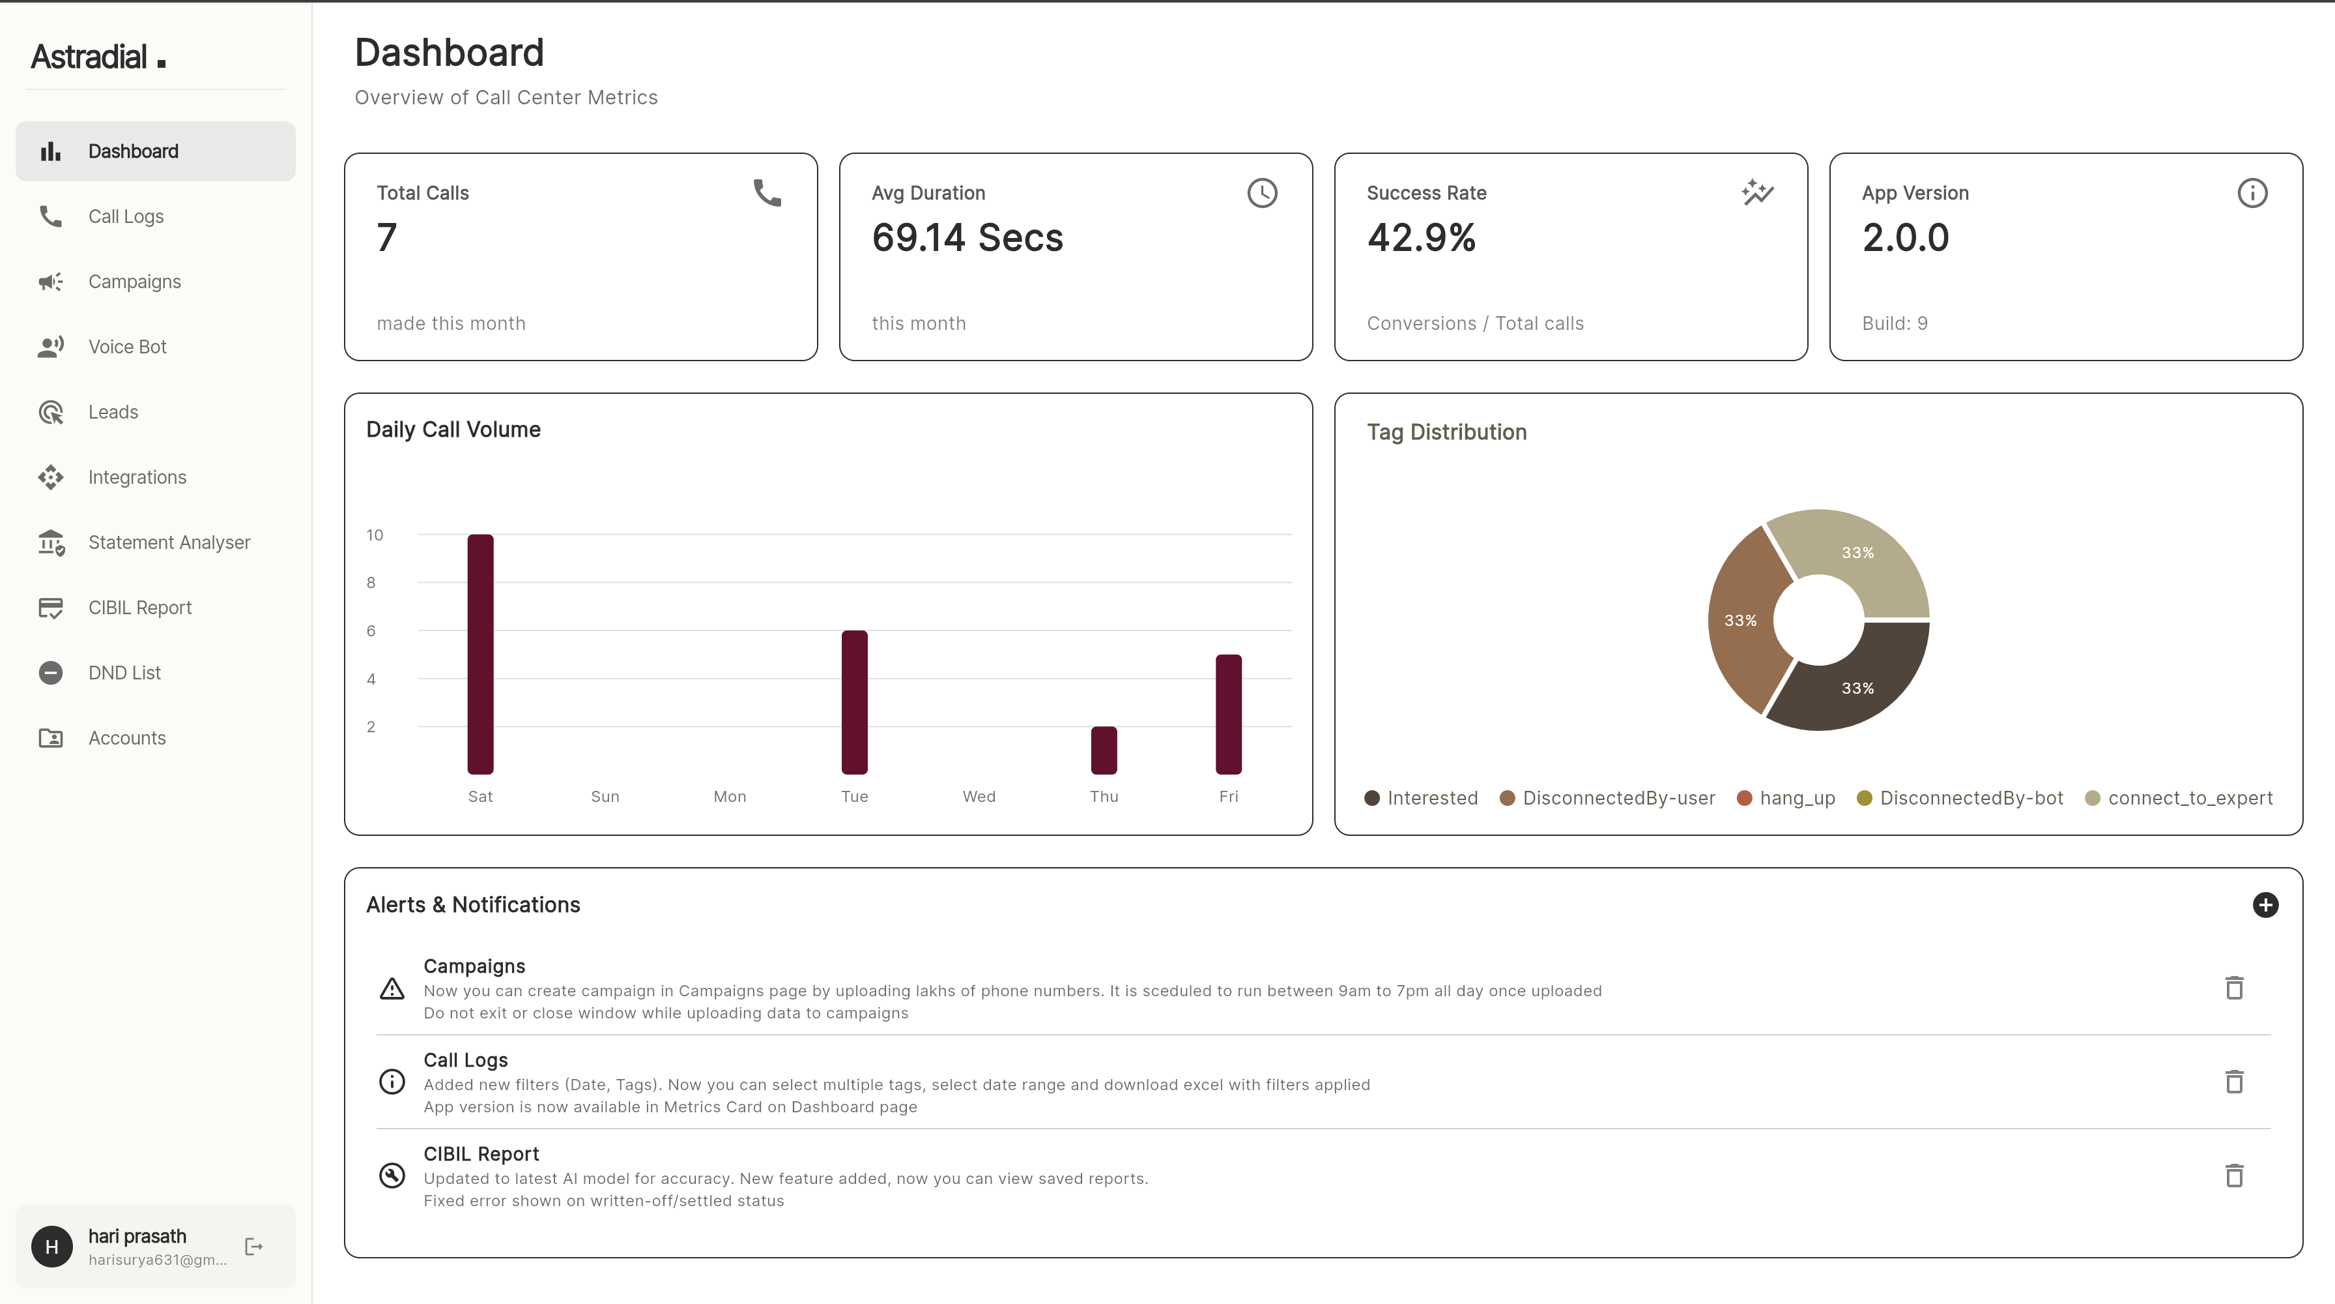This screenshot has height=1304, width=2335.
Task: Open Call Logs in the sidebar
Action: click(x=125, y=216)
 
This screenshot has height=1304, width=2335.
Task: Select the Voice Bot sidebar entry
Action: click(x=127, y=346)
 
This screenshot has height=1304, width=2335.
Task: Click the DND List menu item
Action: click(x=124, y=673)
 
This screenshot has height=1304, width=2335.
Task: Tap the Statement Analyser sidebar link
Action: click(x=169, y=542)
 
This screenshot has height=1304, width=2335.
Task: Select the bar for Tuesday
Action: click(x=854, y=702)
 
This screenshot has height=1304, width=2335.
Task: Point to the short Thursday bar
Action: click(x=1103, y=750)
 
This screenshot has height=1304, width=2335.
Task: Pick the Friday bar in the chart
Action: click(x=1228, y=714)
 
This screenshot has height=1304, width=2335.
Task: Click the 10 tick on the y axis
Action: click(x=375, y=535)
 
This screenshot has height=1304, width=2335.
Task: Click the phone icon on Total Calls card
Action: click(x=767, y=192)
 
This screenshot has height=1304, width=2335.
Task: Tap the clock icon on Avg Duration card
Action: click(x=1262, y=192)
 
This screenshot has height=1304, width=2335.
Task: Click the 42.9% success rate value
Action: click(x=1420, y=237)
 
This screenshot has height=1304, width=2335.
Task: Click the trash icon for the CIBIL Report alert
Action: click(x=2233, y=1176)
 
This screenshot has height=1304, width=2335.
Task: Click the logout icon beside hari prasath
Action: click(x=254, y=1247)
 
